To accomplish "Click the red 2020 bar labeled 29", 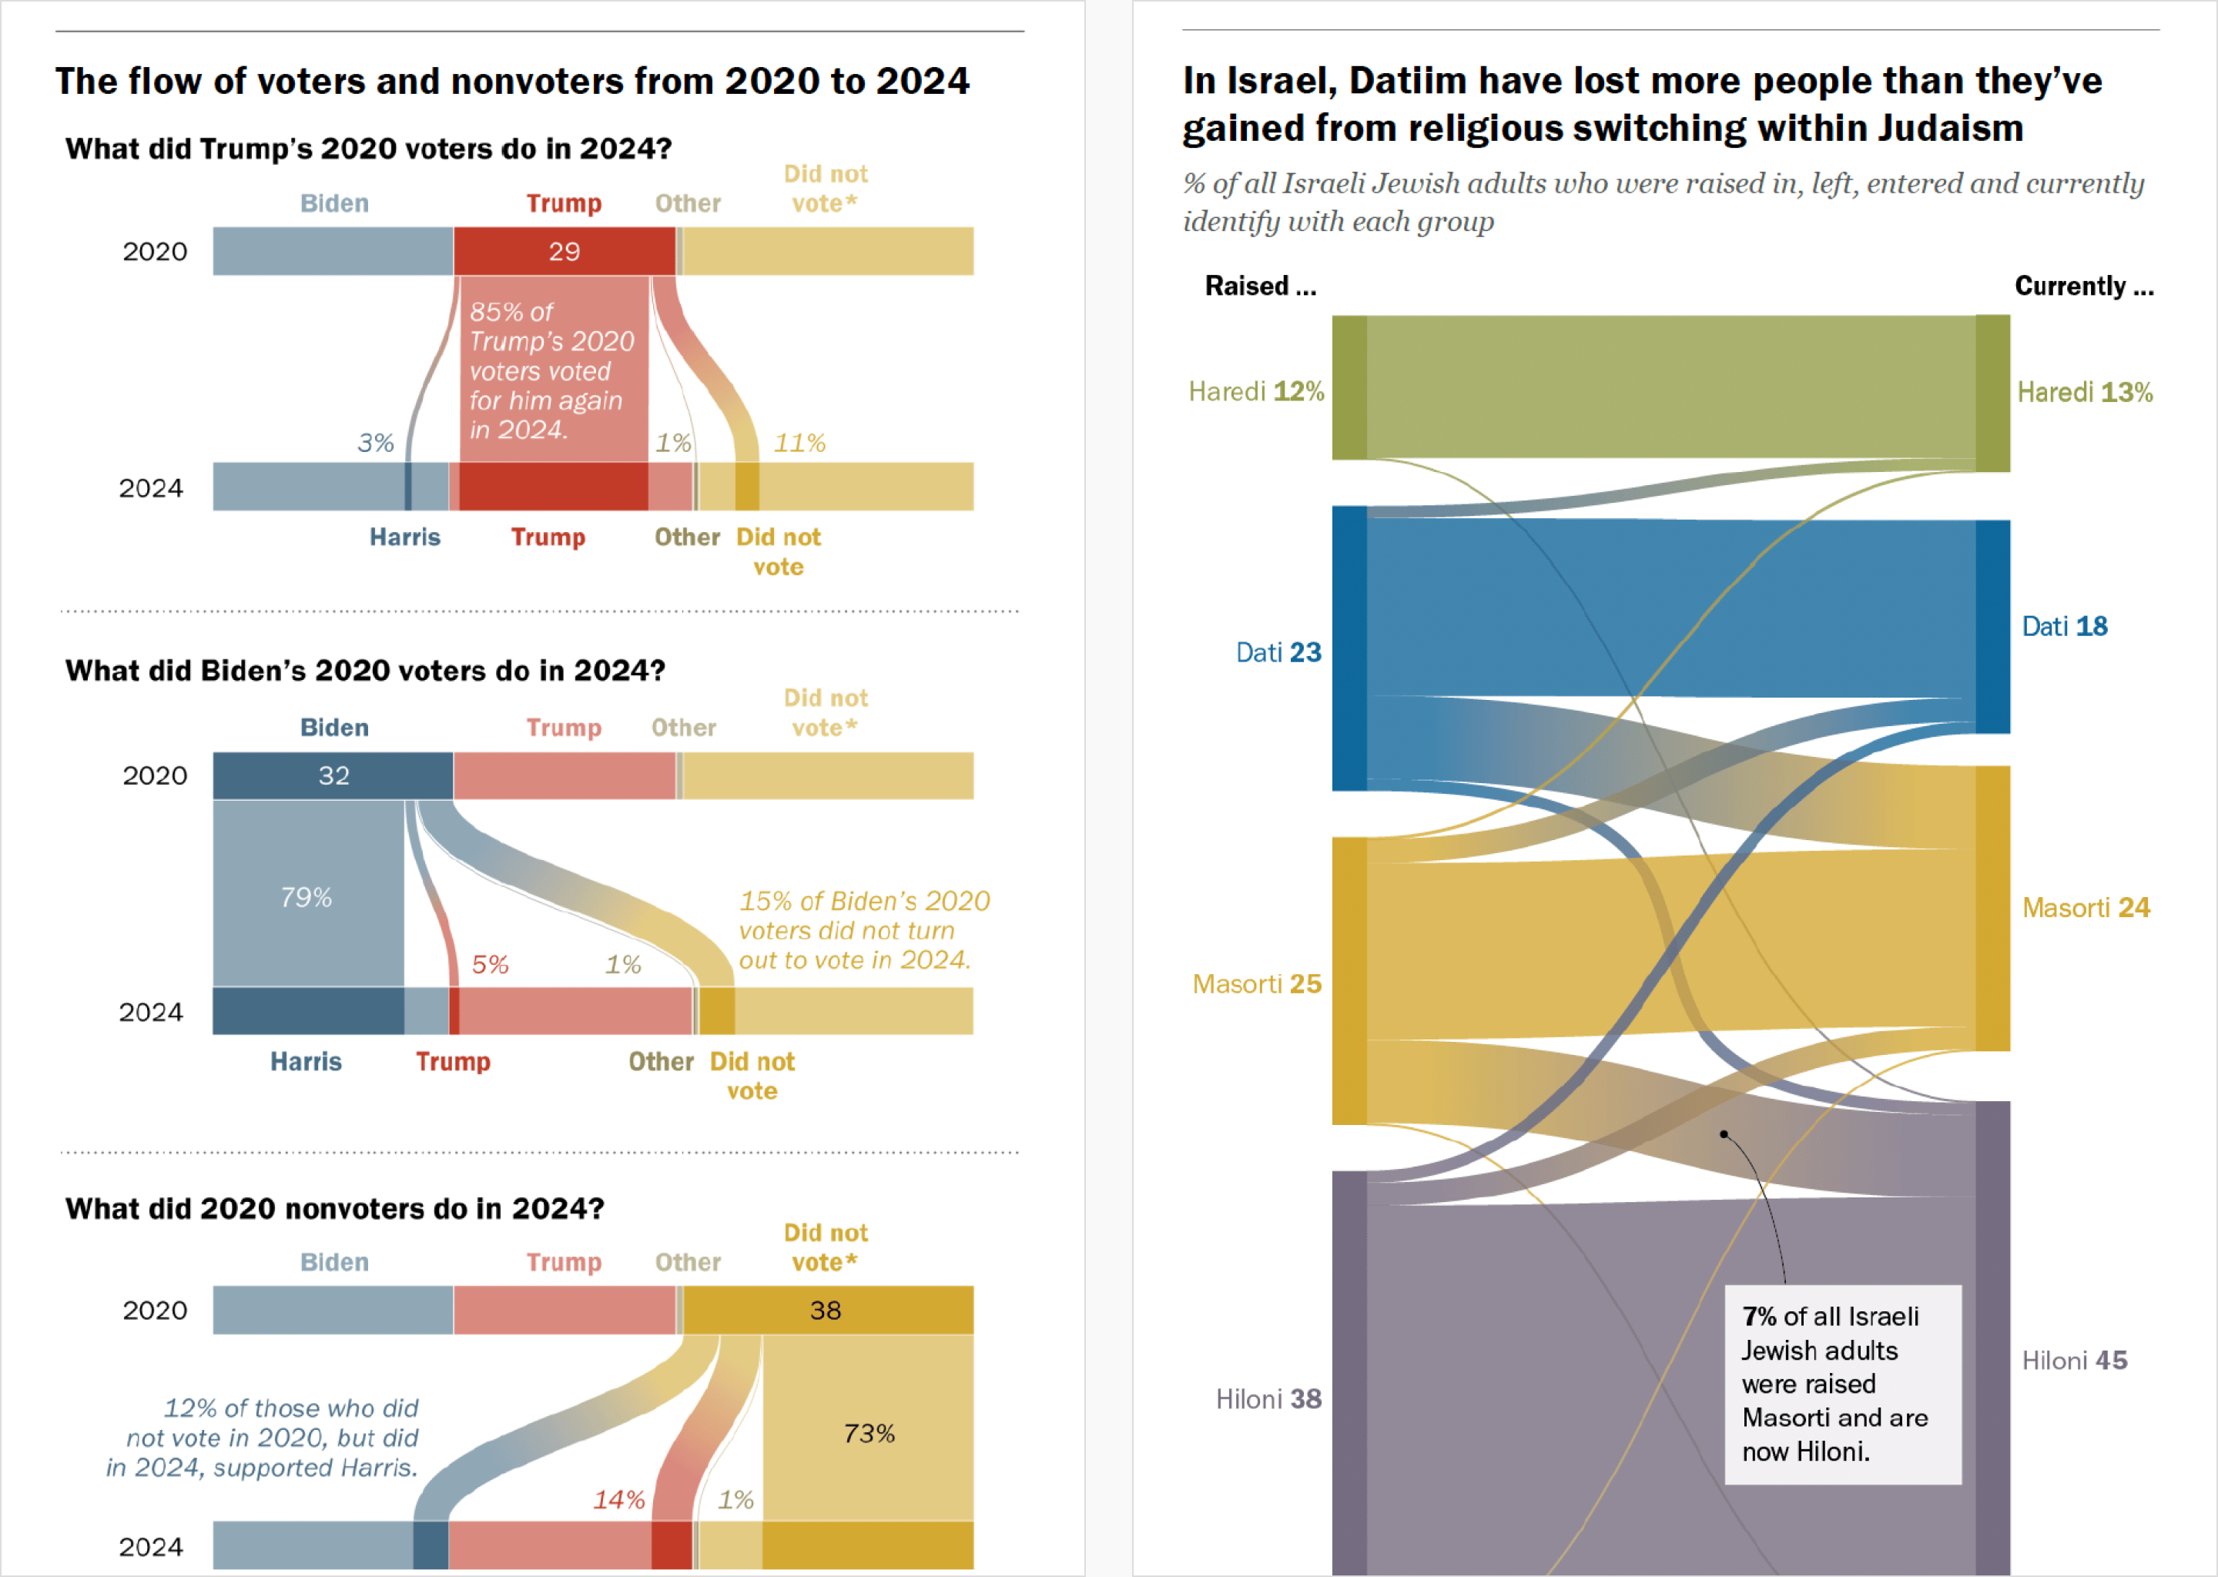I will [x=565, y=252].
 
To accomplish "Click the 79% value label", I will [x=306, y=897].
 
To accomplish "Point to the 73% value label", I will [x=869, y=1433].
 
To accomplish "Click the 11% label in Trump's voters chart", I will [x=799, y=444].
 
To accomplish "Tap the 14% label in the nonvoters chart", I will [x=618, y=1500].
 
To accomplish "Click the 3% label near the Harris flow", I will [x=375, y=444].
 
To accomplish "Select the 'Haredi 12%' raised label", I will [x=1255, y=391].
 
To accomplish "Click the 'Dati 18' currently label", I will [x=2065, y=626].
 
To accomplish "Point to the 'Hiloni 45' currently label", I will [x=2074, y=1361].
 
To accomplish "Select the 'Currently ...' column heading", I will [x=2084, y=286].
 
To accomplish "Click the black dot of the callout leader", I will [x=1724, y=1134].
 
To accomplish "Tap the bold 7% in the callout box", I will [x=1759, y=1317].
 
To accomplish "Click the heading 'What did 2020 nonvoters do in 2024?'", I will [x=334, y=1209].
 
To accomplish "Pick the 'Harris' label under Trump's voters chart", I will [x=405, y=537].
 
